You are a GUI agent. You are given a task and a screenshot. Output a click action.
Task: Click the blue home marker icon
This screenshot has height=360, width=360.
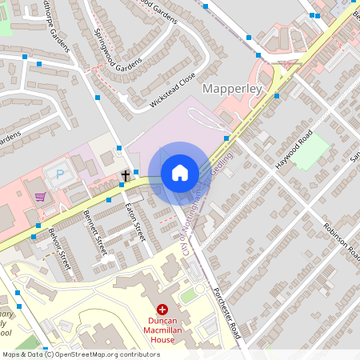(x=180, y=173)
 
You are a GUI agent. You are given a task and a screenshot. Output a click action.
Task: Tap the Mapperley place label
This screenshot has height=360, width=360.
(x=234, y=88)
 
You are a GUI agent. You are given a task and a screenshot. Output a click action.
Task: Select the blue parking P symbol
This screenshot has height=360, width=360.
(x=59, y=173)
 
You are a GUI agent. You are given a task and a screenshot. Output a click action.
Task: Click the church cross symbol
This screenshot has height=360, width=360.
(x=125, y=174)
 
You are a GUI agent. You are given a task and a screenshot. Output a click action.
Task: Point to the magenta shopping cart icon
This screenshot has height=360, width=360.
(x=40, y=196)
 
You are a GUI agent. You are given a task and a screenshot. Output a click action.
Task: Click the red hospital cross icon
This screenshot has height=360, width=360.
(x=162, y=309)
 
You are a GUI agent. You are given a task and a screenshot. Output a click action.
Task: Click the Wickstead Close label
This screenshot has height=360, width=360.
(x=172, y=91)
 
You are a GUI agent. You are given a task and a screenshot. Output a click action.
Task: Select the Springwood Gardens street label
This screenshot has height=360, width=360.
(x=118, y=49)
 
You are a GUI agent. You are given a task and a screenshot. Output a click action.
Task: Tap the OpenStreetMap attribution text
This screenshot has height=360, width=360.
(x=80, y=354)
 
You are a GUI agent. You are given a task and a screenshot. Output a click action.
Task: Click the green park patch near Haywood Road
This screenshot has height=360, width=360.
(x=310, y=150)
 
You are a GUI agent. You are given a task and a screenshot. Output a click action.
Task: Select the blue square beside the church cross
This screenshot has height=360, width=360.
(x=136, y=172)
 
